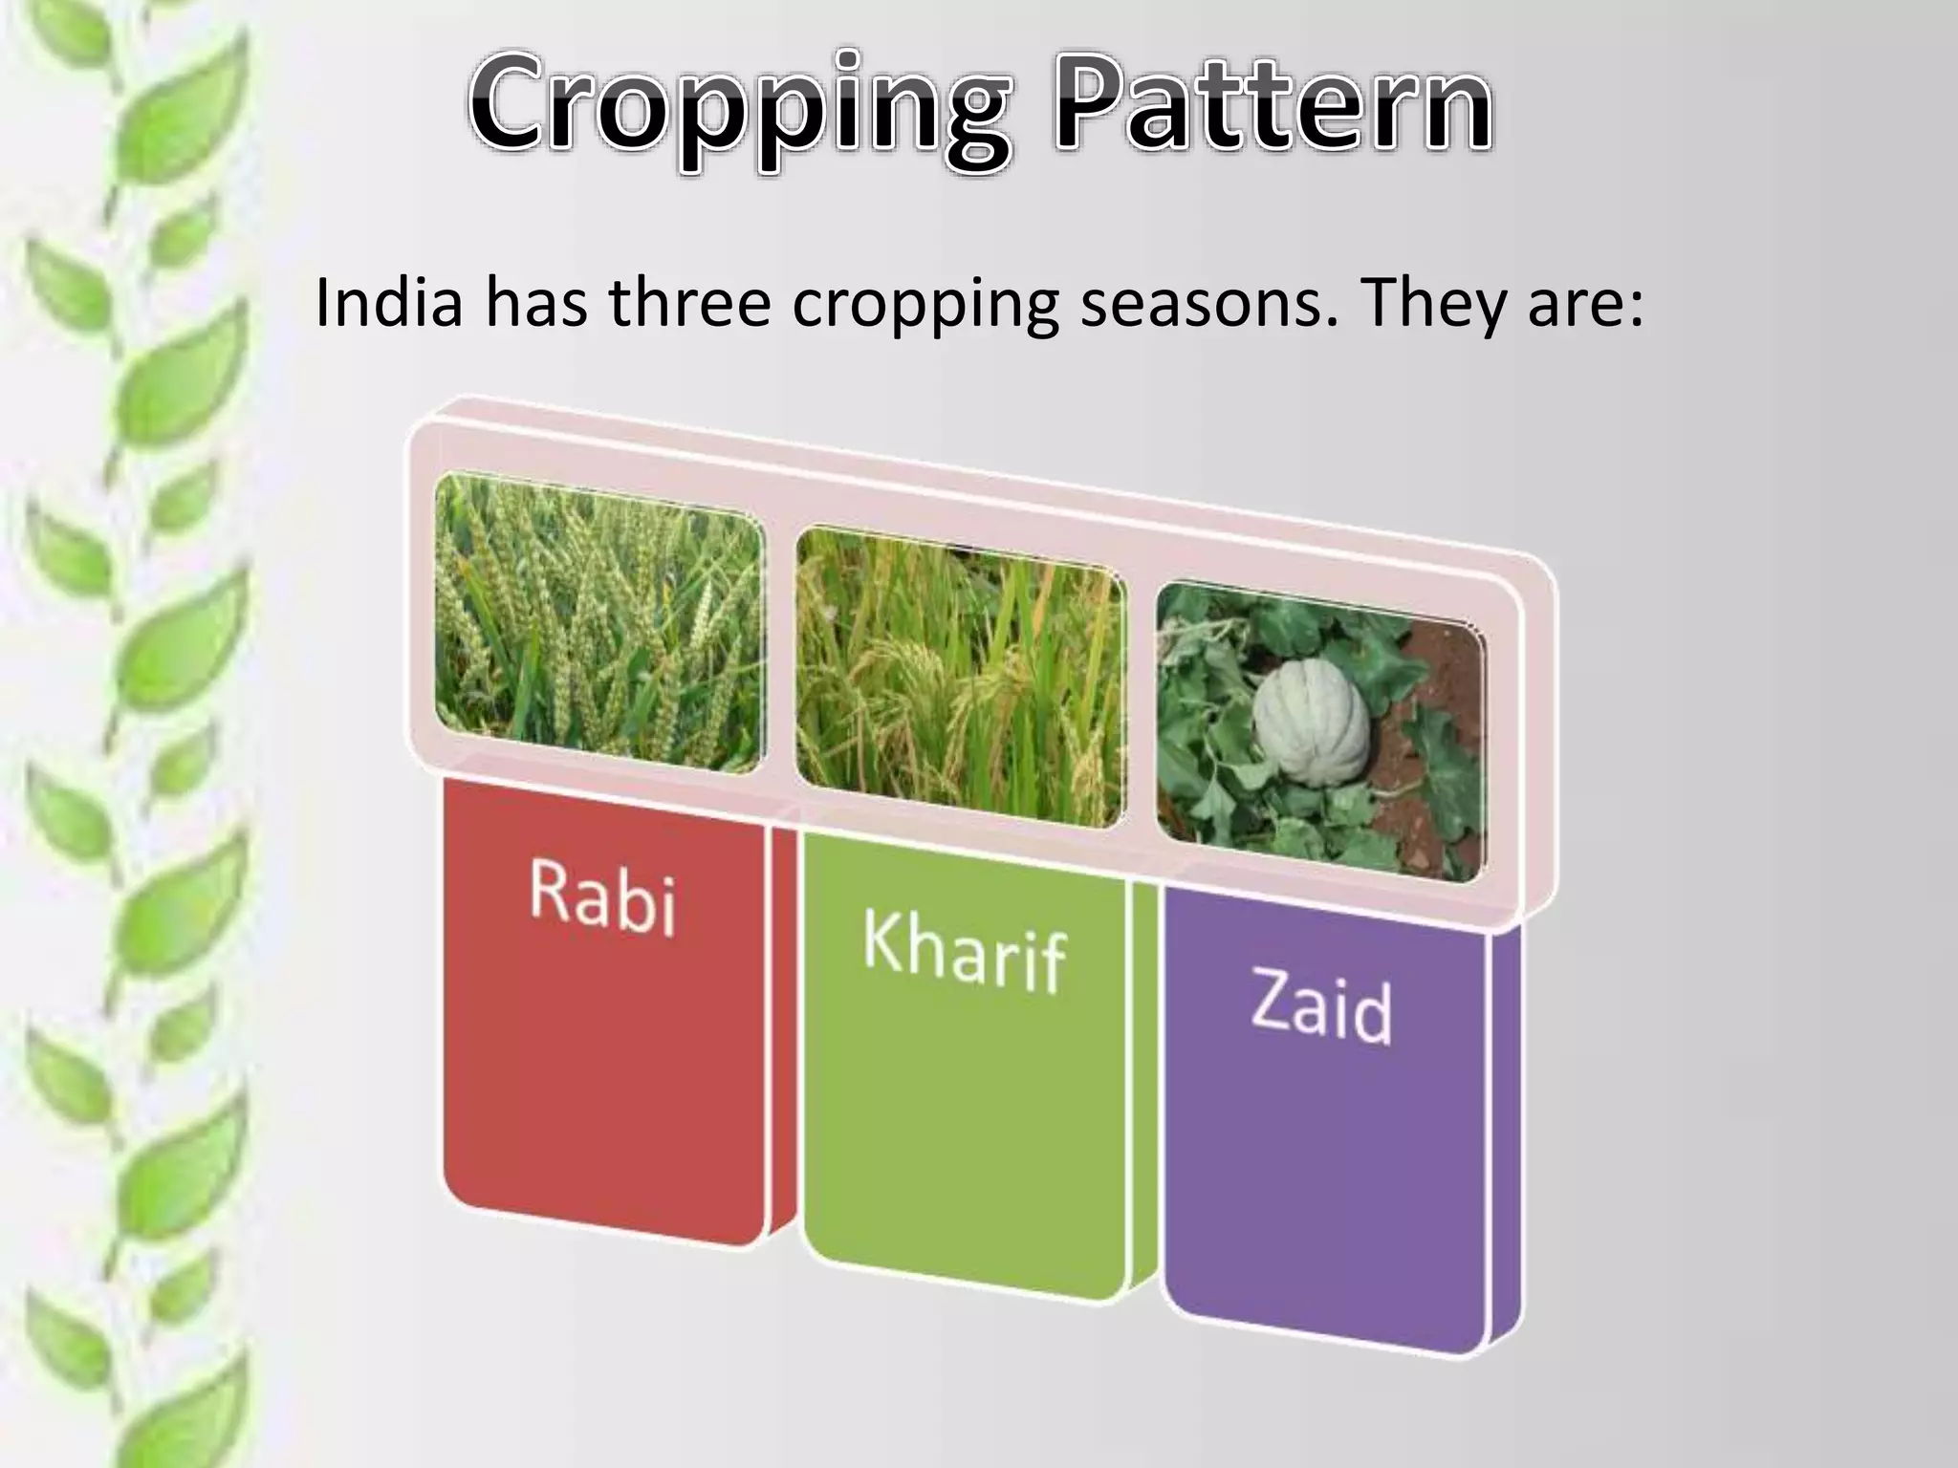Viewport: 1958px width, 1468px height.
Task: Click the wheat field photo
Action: [x=599, y=623]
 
